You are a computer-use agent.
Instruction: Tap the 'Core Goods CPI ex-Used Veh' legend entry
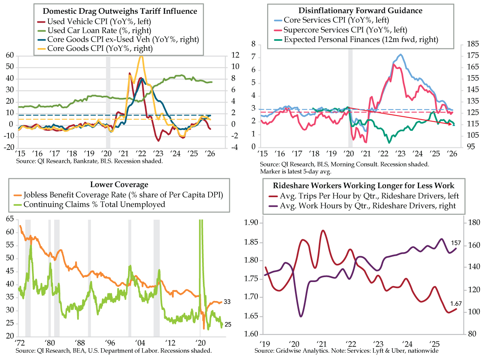click(120, 39)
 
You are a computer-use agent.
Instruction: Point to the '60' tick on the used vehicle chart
click(8, 55)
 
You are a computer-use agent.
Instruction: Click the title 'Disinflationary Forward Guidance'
click(361, 10)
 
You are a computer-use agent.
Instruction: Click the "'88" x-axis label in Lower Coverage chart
click(81, 341)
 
